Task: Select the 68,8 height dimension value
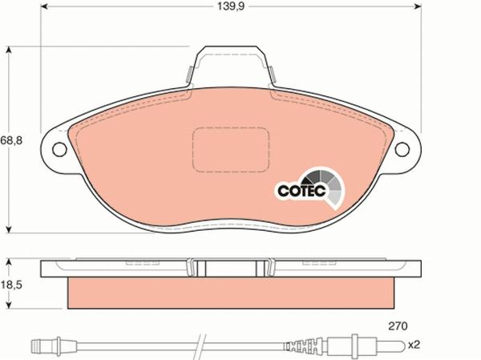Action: (11, 140)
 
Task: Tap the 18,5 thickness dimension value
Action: (11, 284)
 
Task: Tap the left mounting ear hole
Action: (59, 149)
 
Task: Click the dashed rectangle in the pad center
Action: (232, 150)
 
